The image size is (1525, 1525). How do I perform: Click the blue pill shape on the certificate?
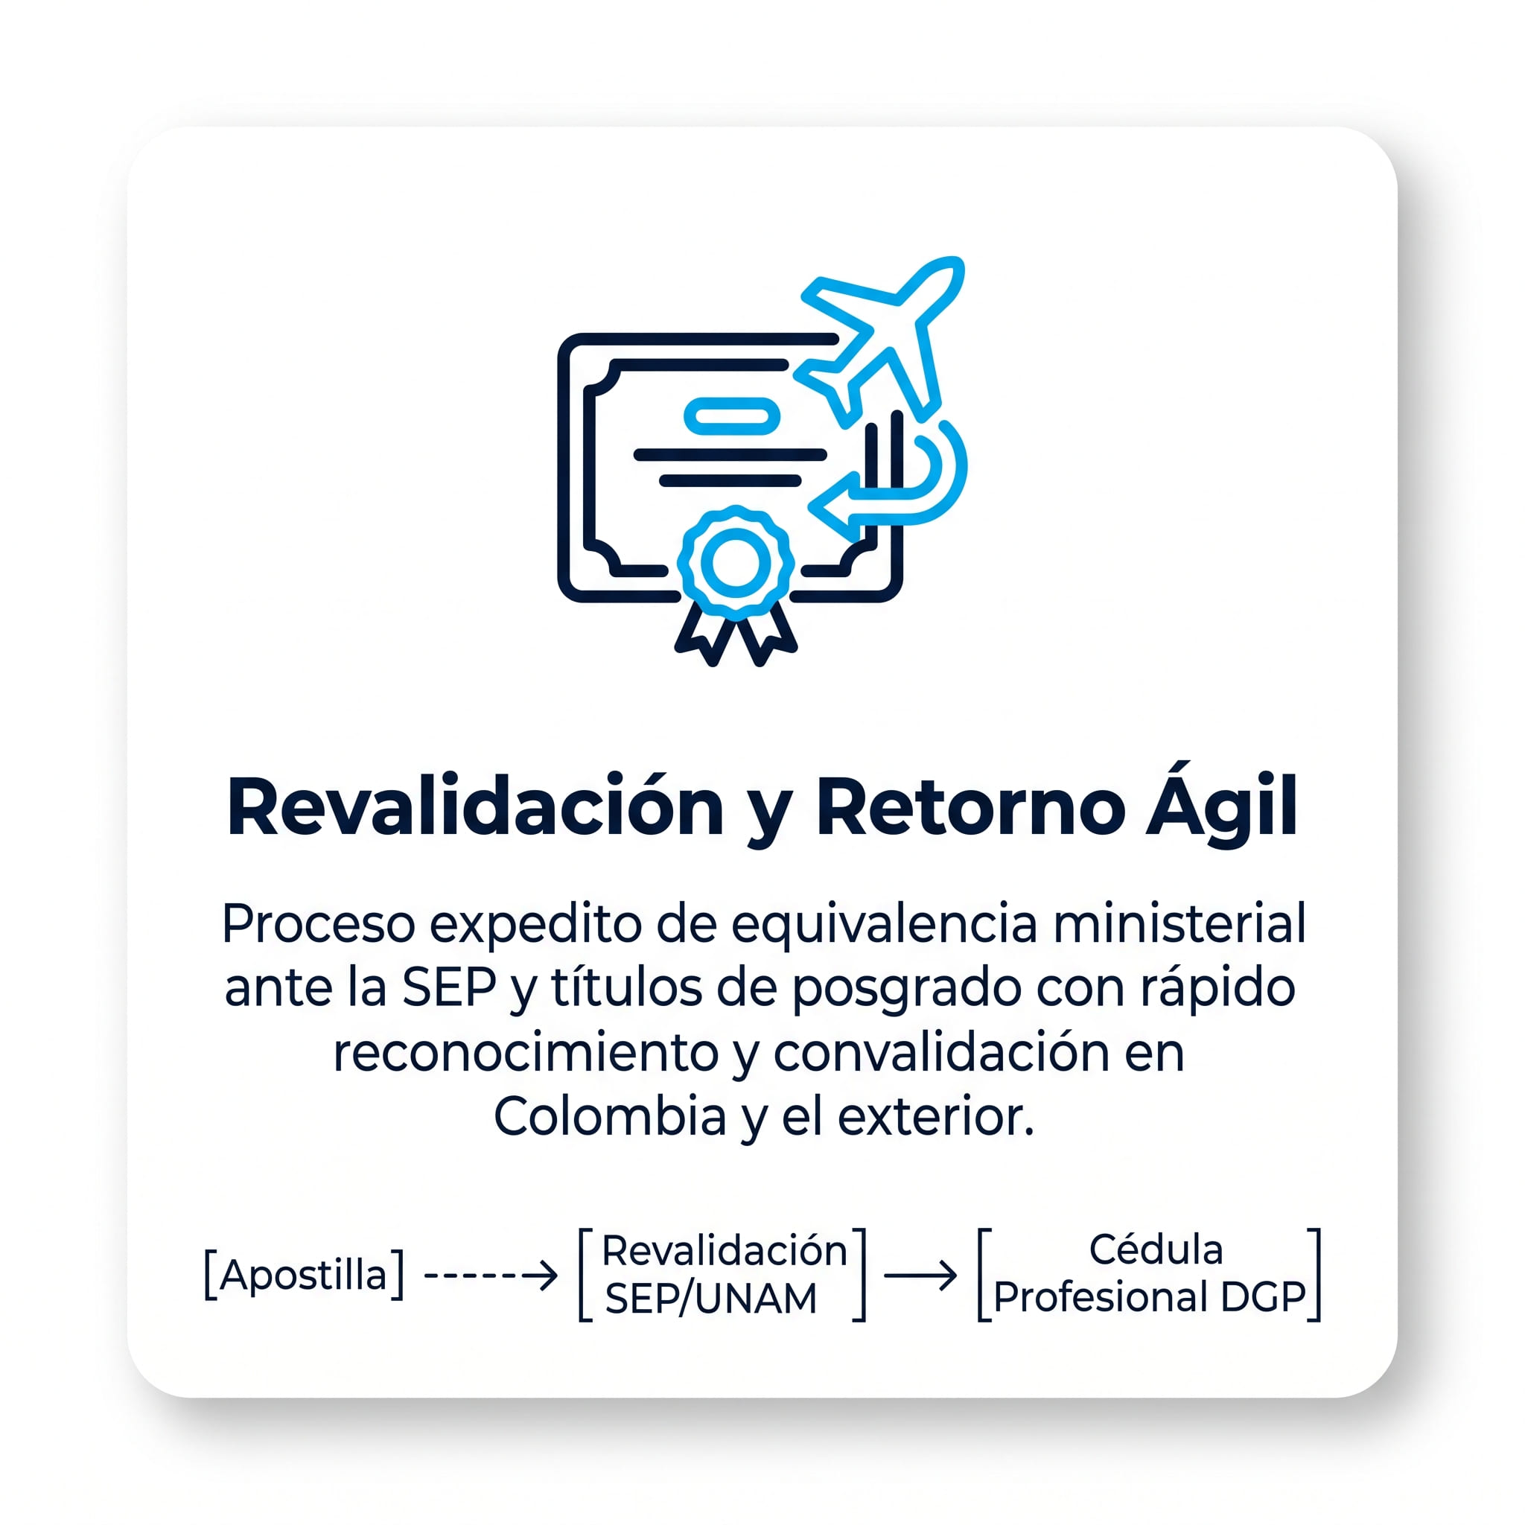[x=732, y=416]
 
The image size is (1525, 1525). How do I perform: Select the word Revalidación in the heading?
[x=475, y=807]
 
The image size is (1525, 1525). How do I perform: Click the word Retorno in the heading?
[x=970, y=807]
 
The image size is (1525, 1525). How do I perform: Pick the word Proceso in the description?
[x=318, y=924]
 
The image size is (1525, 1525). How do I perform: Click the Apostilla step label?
[x=304, y=1275]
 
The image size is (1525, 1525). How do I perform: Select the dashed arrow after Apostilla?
[x=491, y=1276]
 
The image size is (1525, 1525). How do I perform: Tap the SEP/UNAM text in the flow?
[x=710, y=1299]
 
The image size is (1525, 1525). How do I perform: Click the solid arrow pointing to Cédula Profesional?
[x=920, y=1276]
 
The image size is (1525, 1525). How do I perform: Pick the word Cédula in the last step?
[x=1156, y=1249]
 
